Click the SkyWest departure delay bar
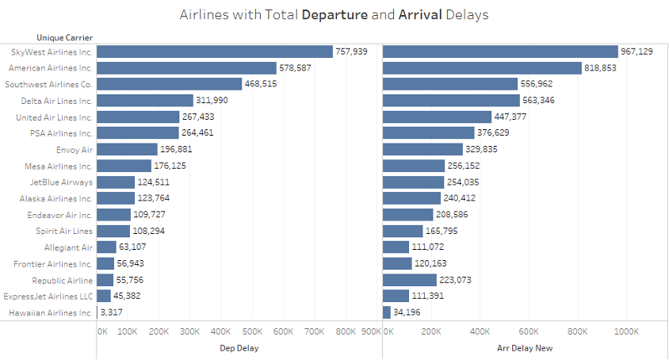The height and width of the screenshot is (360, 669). coord(215,52)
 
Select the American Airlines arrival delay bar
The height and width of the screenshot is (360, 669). coord(482,68)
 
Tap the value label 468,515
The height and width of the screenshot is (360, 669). coord(261,84)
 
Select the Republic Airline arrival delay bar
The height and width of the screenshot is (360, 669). coord(410,280)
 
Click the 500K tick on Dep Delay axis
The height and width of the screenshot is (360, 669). coord(252,331)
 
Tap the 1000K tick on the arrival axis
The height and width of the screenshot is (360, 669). coord(626,331)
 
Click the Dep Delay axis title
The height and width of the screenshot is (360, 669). coord(238,347)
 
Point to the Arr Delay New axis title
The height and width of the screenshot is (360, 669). coord(525,347)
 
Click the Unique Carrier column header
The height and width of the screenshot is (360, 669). coord(65,37)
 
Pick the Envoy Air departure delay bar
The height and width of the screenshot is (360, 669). coord(127,149)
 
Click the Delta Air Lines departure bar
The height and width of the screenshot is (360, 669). coord(145,101)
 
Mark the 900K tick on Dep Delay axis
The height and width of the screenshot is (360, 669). coord(371,331)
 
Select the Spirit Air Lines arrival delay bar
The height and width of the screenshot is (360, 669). coord(403,231)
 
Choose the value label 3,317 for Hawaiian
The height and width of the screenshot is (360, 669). coord(111,312)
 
